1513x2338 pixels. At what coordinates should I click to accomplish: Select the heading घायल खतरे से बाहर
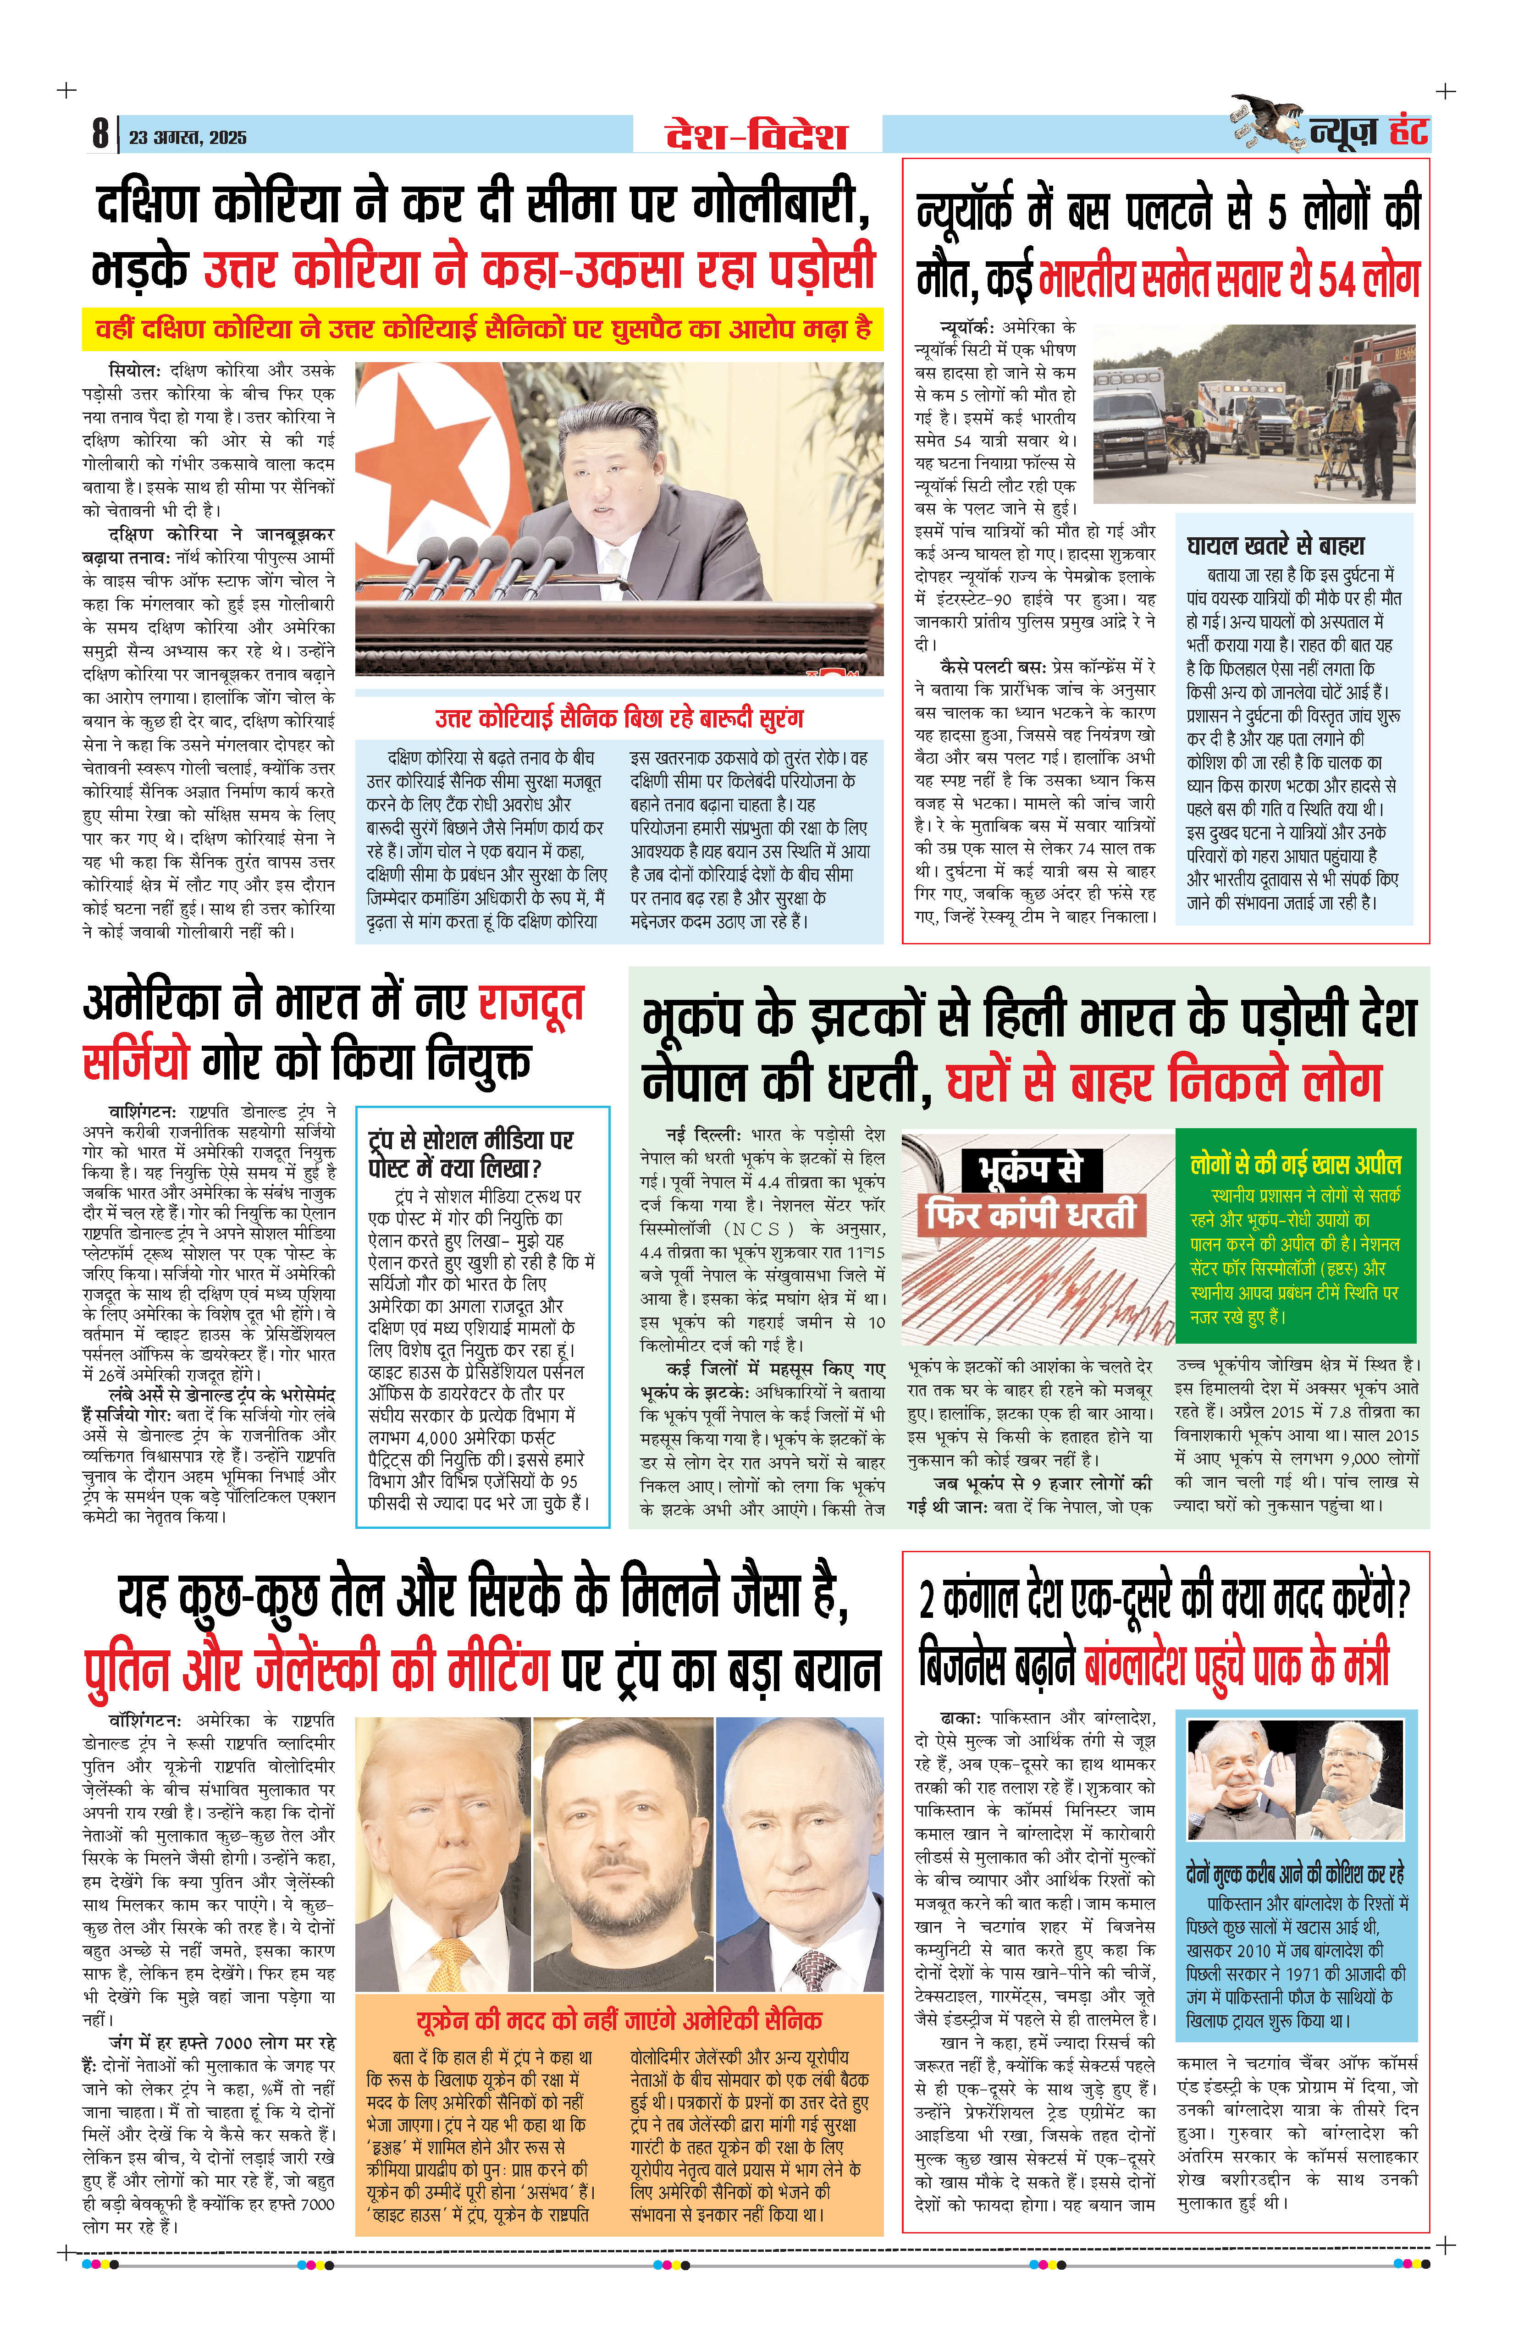click(x=1275, y=546)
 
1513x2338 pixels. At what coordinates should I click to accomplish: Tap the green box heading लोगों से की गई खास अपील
click(x=1295, y=1165)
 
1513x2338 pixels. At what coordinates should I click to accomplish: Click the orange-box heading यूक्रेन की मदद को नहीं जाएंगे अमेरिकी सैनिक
click(x=619, y=2021)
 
